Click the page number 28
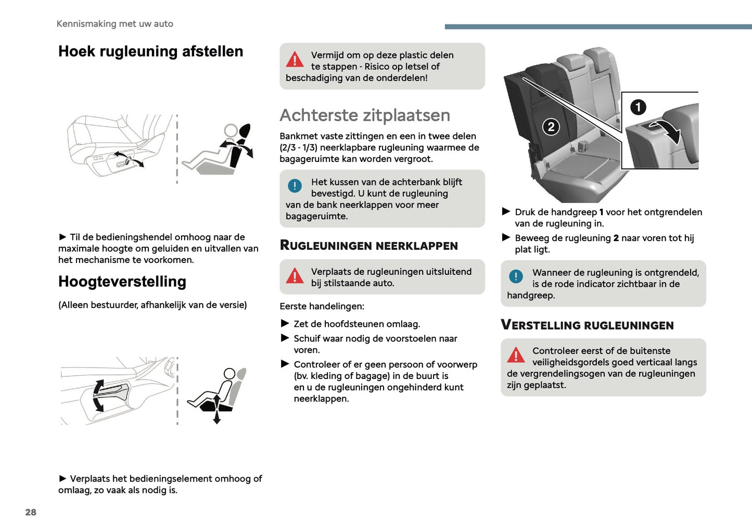(31, 512)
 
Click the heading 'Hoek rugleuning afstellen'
(150, 52)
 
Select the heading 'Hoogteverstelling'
(122, 282)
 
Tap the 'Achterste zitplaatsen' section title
(365, 115)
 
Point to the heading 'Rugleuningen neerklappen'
(368, 245)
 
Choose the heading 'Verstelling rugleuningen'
(587, 325)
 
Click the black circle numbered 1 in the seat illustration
(638, 107)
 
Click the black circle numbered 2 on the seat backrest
(551, 127)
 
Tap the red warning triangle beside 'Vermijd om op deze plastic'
(295, 59)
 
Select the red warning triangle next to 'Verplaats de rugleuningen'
(295, 275)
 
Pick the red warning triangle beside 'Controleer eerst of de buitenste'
(516, 355)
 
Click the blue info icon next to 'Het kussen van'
(295, 185)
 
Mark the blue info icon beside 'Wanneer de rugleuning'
(516, 276)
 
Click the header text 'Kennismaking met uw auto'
(114, 24)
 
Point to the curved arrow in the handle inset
(668, 130)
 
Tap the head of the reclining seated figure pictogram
(231, 131)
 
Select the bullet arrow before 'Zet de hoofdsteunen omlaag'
(285, 323)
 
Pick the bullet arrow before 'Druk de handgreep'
(506, 211)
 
